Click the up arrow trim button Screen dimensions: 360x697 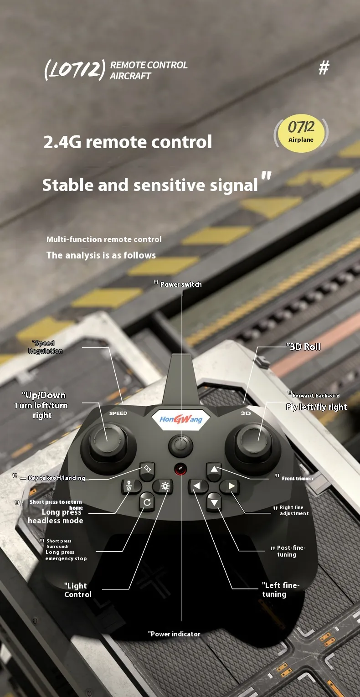pyautogui.click(x=214, y=470)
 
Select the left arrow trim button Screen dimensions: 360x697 pyautogui.click(x=197, y=486)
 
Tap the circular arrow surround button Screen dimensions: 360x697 pyautogui.click(x=147, y=502)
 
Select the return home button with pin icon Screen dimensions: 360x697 pyautogui.click(x=129, y=486)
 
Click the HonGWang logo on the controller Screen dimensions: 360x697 pyautogui.click(x=181, y=419)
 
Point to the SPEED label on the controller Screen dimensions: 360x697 pyautogui.click(x=118, y=413)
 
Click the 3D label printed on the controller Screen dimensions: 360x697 pyautogui.click(x=246, y=413)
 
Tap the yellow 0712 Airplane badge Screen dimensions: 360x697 pyautogui.click(x=301, y=133)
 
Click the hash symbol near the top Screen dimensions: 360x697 pyautogui.click(x=324, y=67)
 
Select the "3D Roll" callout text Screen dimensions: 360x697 pyautogui.click(x=303, y=346)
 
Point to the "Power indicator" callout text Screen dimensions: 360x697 pyautogui.click(x=174, y=634)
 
